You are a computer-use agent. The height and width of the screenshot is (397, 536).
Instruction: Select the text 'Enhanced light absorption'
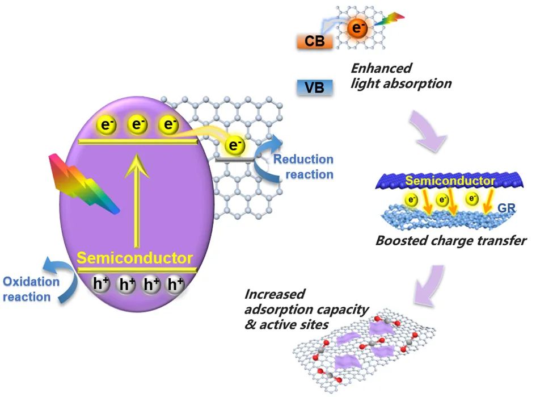coord(400,76)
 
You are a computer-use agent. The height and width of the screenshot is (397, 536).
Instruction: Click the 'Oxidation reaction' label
coord(31,289)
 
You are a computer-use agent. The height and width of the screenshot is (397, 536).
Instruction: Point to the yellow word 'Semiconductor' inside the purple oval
coord(134,258)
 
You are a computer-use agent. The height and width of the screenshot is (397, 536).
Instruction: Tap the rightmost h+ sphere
coord(174,284)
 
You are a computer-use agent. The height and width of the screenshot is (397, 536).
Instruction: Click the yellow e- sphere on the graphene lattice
coord(234,145)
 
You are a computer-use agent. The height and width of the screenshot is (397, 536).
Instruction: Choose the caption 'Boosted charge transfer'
coord(451,241)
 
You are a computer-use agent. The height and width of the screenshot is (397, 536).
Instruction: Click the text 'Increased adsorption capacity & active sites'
coord(306,309)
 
